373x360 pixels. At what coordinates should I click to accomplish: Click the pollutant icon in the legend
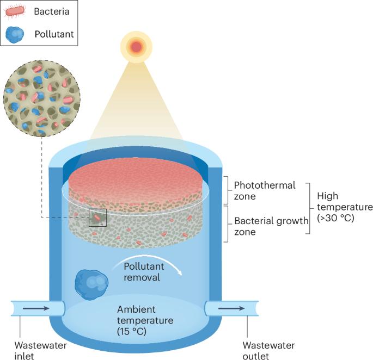pyautogui.click(x=16, y=34)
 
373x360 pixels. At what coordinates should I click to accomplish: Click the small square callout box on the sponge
pyautogui.click(x=97, y=218)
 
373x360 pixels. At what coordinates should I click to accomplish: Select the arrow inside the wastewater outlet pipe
pyautogui.click(x=230, y=308)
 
